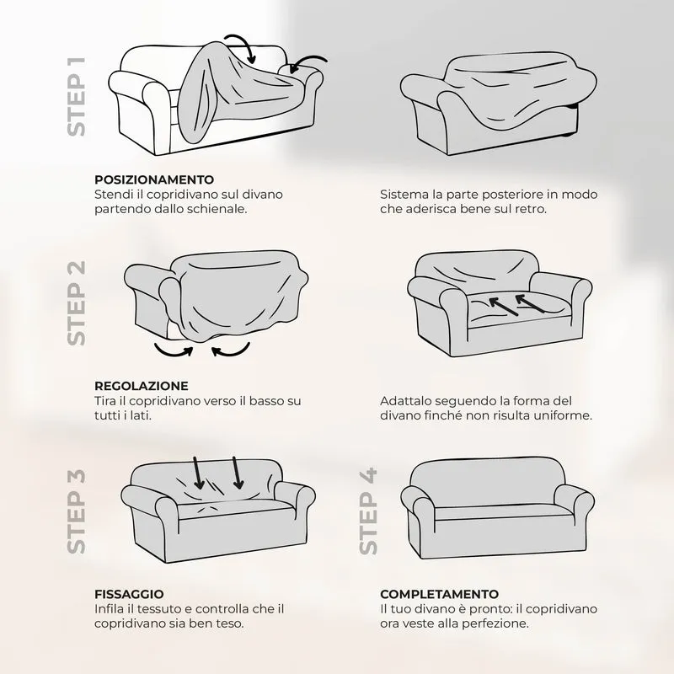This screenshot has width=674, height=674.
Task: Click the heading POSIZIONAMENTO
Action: point(154,179)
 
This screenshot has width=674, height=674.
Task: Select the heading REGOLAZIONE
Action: point(142,386)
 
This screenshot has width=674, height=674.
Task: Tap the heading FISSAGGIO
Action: point(129,594)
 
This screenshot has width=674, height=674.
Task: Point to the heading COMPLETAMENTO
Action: point(439,594)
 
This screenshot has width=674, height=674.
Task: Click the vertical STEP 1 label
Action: point(77,97)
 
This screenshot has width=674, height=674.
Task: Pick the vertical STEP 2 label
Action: point(77,302)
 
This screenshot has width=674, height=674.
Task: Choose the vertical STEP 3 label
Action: point(77,511)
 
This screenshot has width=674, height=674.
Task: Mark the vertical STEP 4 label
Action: point(368,511)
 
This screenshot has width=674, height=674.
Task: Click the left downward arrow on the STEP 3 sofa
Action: point(197,473)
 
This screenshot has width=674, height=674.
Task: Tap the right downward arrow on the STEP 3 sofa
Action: point(237,473)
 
